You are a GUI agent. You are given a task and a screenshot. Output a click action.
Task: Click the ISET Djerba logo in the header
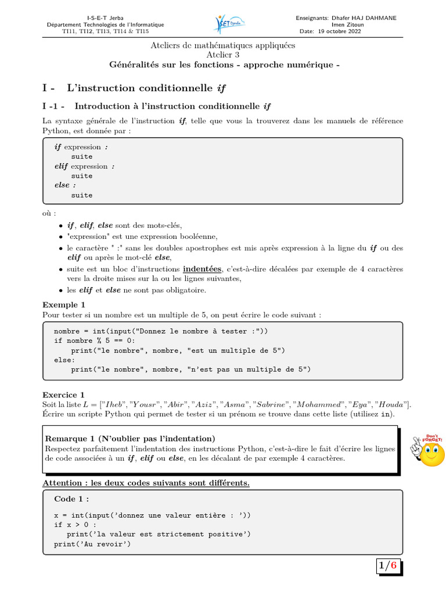[231, 24]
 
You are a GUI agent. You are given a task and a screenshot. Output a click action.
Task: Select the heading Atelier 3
[223, 54]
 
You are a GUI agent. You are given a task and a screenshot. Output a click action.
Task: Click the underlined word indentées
[202, 269]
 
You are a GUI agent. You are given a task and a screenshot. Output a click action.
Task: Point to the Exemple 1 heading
[64, 304]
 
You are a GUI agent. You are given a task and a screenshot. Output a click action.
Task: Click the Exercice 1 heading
[64, 394]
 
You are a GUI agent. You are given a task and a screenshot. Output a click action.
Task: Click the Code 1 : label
[71, 499]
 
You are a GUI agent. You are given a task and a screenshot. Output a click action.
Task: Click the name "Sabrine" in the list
[271, 404]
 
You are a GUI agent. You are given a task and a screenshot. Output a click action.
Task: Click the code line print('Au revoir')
[92, 544]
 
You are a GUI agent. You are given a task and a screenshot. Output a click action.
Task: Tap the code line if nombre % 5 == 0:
[94, 340]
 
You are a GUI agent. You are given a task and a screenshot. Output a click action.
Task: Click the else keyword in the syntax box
[61, 185]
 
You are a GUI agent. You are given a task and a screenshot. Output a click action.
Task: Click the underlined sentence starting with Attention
[146, 483]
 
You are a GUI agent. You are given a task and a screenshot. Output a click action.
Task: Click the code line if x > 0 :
[75, 525]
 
